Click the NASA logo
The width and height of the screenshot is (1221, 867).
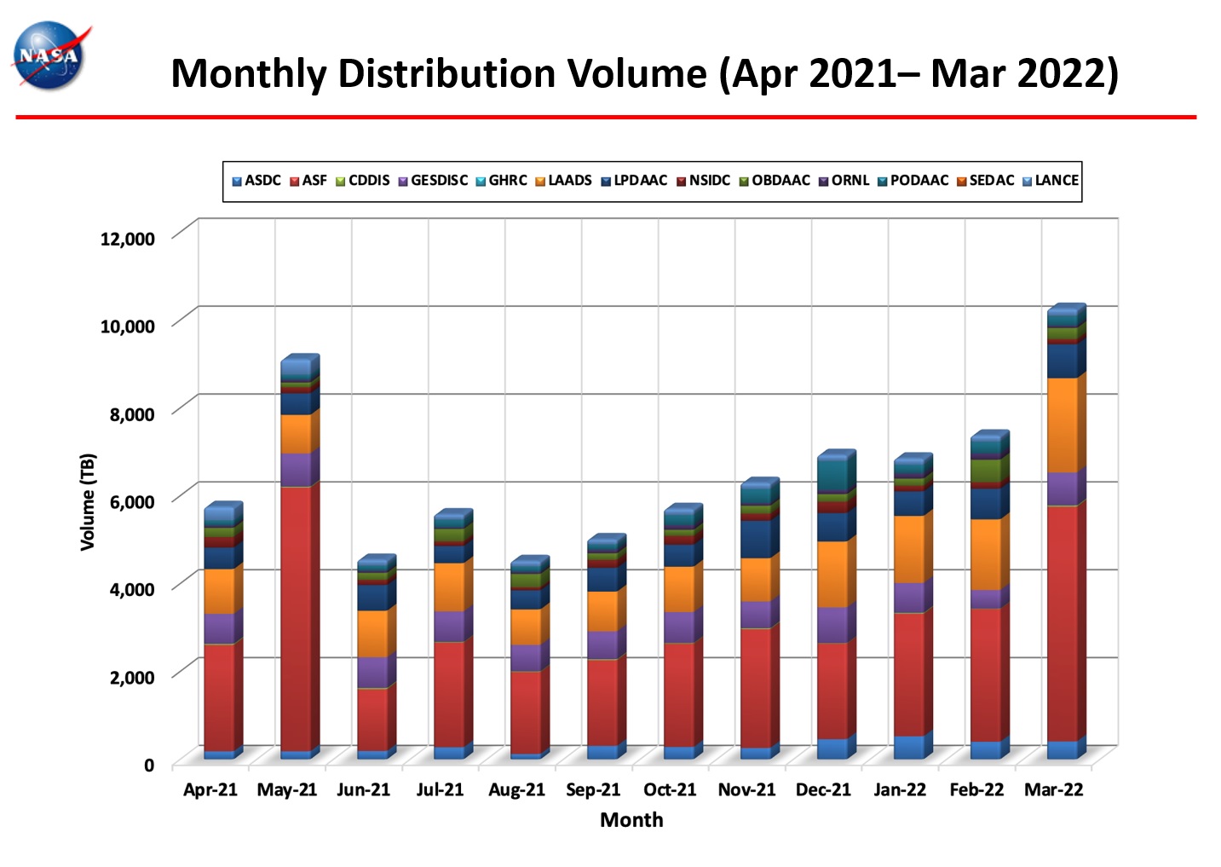tap(49, 55)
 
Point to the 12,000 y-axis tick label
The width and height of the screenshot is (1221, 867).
tap(128, 239)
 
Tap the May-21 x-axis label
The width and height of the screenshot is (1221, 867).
tap(287, 789)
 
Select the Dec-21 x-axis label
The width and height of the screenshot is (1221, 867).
tap(823, 789)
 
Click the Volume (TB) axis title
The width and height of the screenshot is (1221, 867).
tap(88, 501)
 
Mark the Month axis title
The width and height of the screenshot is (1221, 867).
tap(631, 820)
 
